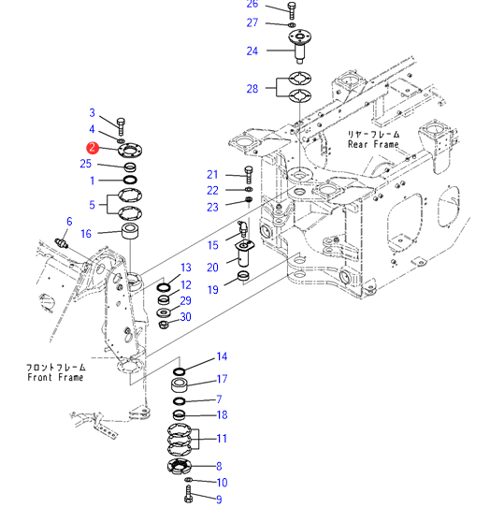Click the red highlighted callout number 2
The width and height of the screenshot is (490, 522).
pos(93,148)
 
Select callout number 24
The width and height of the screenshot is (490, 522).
pos(252,51)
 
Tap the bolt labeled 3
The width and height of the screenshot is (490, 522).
pos(121,126)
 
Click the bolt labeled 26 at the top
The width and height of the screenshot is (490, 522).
pos(291,10)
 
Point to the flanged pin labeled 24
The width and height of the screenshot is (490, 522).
pos(299,46)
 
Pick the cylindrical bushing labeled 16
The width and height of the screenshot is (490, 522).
pos(130,231)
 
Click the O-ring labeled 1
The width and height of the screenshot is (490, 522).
pos(130,181)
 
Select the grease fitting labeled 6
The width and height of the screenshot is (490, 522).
pos(62,243)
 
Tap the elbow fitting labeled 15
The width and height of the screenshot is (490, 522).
pos(242,227)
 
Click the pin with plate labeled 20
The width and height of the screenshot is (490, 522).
pos(244,254)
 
